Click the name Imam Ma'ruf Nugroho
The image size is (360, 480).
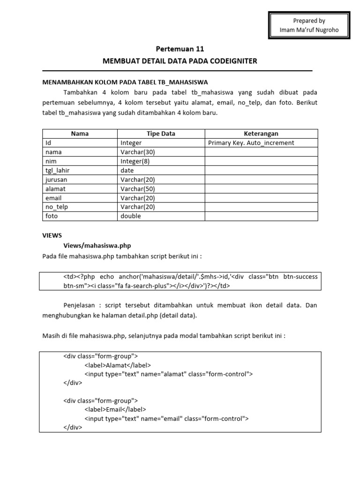click(x=309, y=30)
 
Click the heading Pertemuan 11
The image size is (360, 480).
click(x=180, y=49)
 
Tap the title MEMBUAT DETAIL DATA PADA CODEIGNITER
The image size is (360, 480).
click(x=180, y=61)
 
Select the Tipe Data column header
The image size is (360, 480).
click(x=161, y=134)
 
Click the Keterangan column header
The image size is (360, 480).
click(x=261, y=134)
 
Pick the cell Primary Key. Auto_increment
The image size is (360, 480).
click(x=251, y=143)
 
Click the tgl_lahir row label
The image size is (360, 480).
click(x=57, y=171)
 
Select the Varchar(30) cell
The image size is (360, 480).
click(x=137, y=152)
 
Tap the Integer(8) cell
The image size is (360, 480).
click(x=135, y=161)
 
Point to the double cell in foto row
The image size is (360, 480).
click(x=130, y=216)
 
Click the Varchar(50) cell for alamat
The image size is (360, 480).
click(x=137, y=188)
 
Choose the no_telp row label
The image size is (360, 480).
click(x=57, y=207)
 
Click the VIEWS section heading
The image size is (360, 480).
click(x=52, y=235)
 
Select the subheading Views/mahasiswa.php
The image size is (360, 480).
click(x=97, y=245)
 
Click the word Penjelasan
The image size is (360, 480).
click(x=81, y=305)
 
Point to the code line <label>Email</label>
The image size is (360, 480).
click(x=115, y=409)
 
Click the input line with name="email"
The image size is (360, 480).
click(x=166, y=419)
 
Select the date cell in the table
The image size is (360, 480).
click(x=127, y=171)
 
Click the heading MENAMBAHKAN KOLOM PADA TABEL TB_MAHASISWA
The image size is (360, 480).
click(x=125, y=82)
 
